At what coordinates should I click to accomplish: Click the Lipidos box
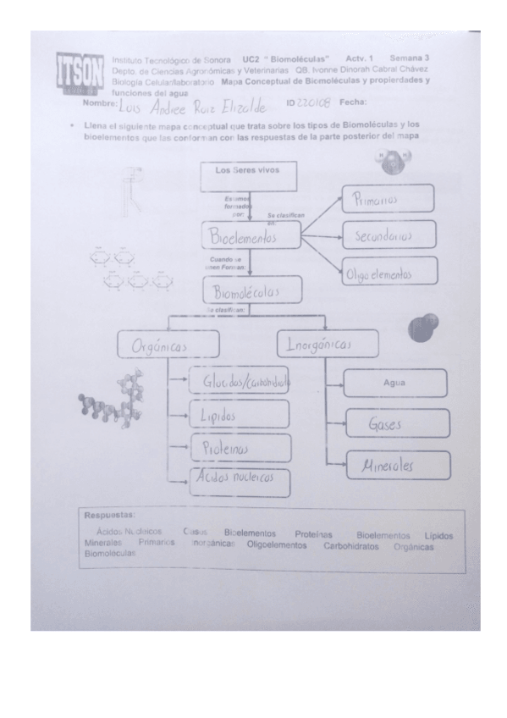[240, 416]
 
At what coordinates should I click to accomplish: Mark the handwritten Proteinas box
[240, 447]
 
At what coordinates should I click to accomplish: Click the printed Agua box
[394, 383]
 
